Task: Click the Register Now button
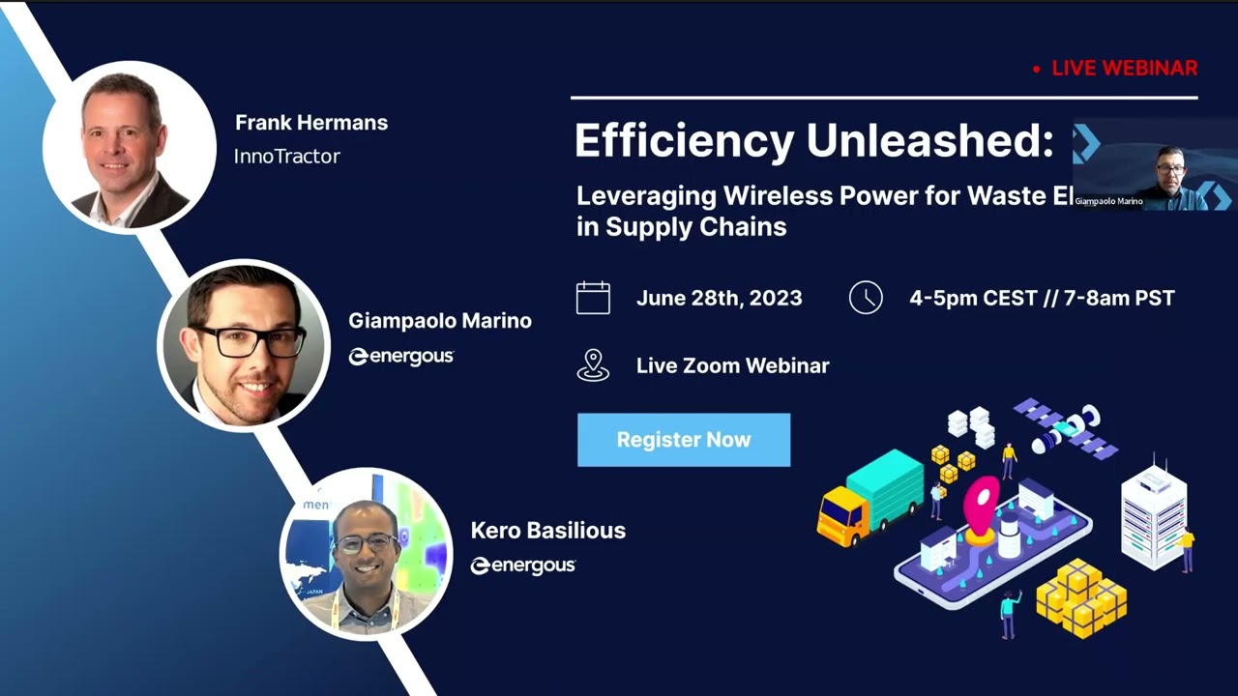pyautogui.click(x=684, y=440)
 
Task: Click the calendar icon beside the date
pyautogui.click(x=593, y=298)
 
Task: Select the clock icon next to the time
pyautogui.click(x=866, y=298)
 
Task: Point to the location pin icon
pyautogui.click(x=593, y=365)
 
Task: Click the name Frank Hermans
pyautogui.click(x=311, y=123)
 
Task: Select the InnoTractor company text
pyautogui.click(x=287, y=156)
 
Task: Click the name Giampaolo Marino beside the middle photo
pyautogui.click(x=440, y=321)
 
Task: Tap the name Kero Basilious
pyautogui.click(x=548, y=531)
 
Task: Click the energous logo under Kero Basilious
pyautogui.click(x=523, y=565)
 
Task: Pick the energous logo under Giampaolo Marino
pyautogui.click(x=401, y=357)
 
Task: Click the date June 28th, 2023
pyautogui.click(x=719, y=299)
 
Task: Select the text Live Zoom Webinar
pyautogui.click(x=732, y=366)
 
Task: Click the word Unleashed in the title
pyautogui.click(x=929, y=141)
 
